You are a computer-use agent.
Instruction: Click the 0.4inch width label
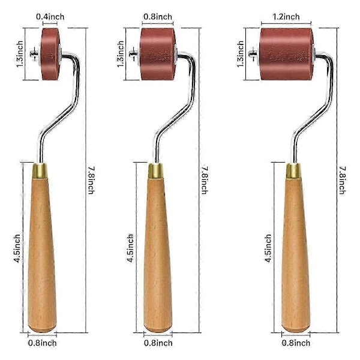click(x=50, y=17)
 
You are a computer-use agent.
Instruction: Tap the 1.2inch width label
click(x=286, y=17)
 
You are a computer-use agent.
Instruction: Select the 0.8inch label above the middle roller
click(x=158, y=17)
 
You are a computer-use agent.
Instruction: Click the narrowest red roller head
click(x=50, y=54)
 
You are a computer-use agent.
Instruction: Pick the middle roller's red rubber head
click(x=158, y=54)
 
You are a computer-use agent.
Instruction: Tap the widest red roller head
click(x=287, y=54)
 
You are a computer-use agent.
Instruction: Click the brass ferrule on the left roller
click(x=40, y=171)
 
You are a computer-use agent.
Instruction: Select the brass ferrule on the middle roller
click(x=155, y=171)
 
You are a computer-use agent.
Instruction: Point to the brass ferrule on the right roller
click(x=293, y=171)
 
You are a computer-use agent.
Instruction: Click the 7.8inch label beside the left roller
click(x=91, y=181)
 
